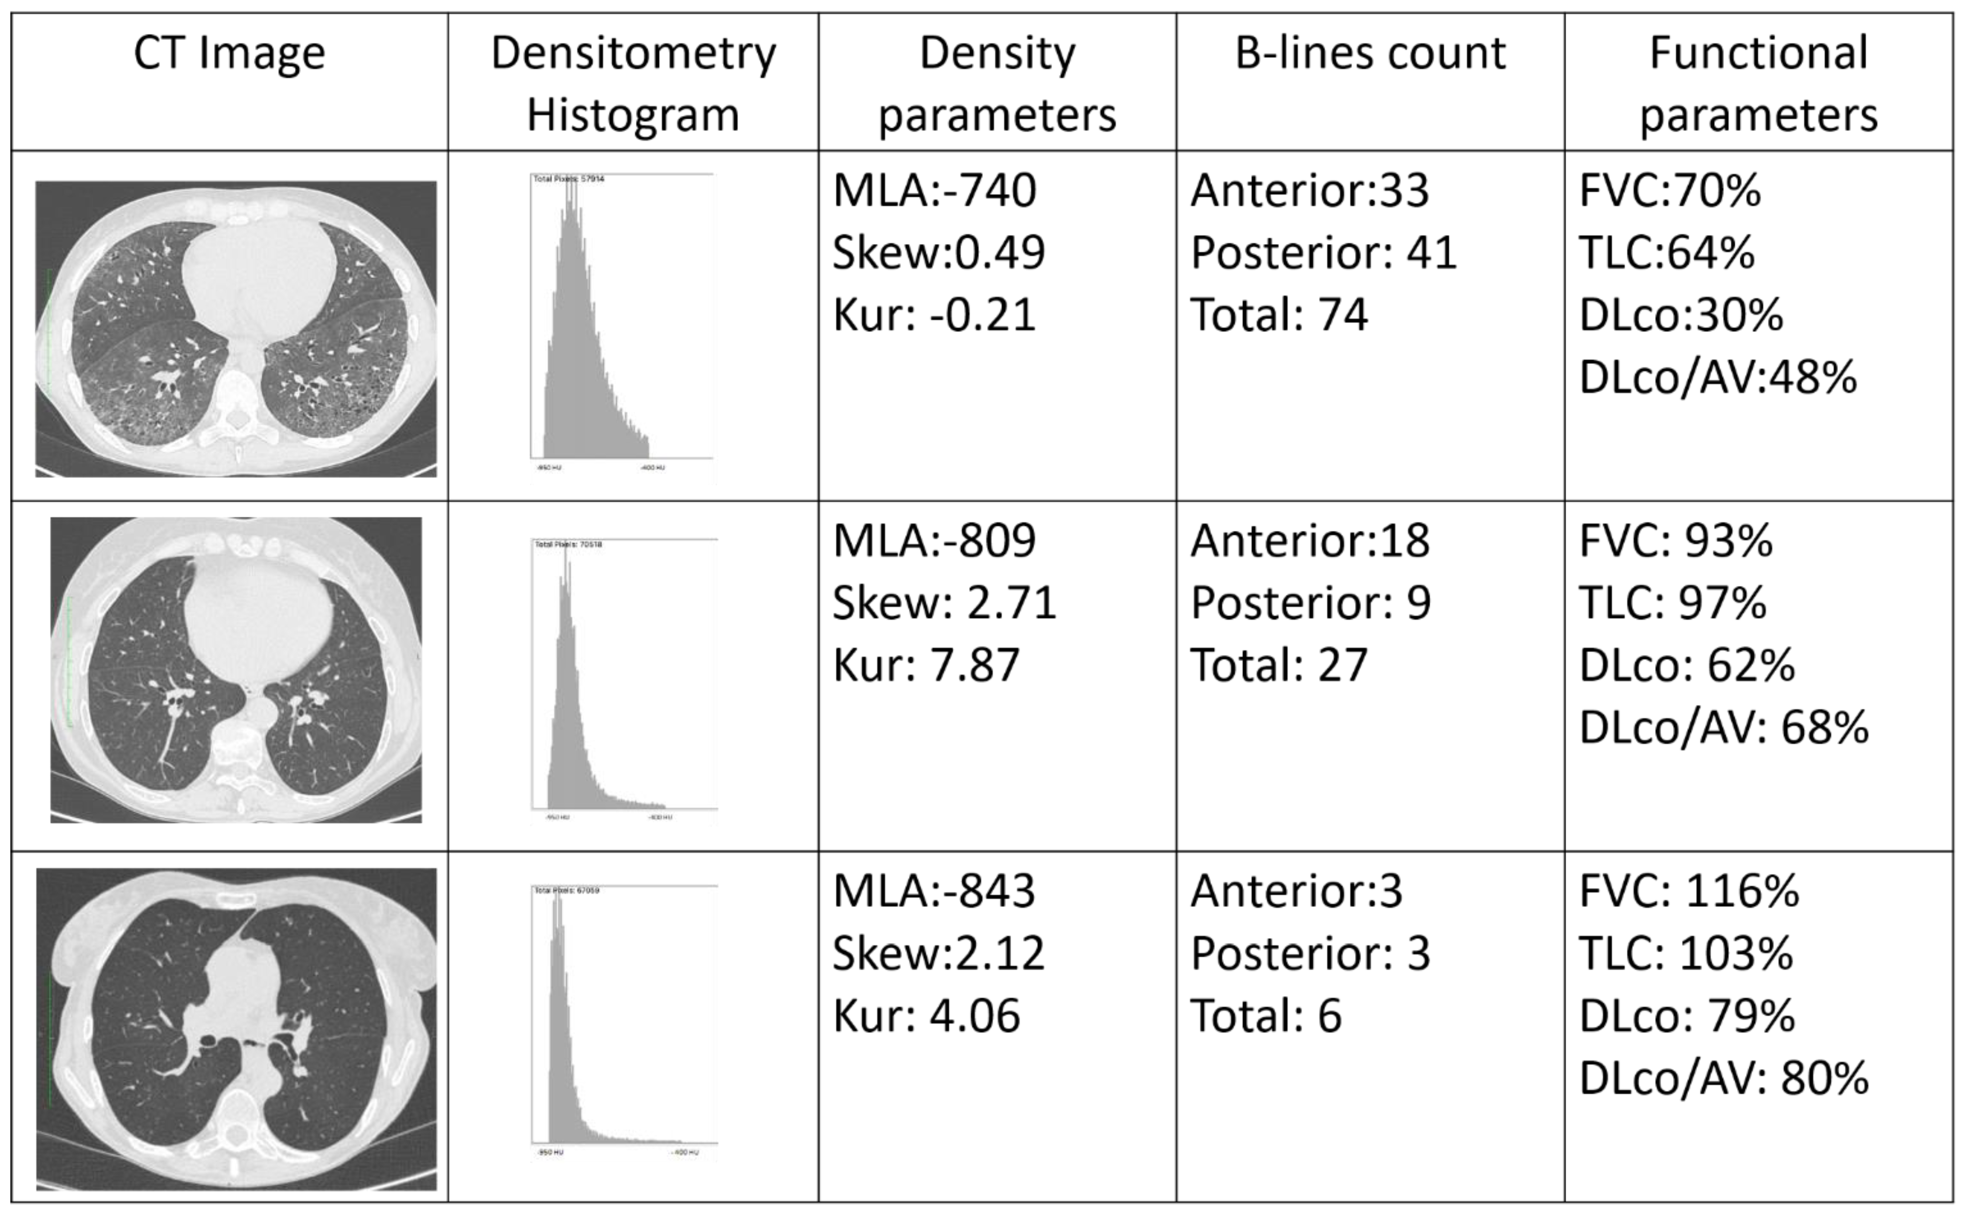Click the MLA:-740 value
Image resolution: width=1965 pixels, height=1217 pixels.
coord(934,191)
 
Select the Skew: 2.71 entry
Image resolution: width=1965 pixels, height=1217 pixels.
coord(943,603)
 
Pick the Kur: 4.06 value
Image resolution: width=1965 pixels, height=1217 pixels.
coord(926,1016)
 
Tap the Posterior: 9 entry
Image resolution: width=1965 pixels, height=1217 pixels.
coord(1310,603)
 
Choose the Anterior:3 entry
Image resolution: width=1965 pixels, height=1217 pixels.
coord(1296,891)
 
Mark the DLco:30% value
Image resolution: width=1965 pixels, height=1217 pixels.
coord(1681,315)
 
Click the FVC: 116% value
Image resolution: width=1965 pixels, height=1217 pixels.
coord(1689,891)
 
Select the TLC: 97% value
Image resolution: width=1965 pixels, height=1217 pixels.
coord(1673,603)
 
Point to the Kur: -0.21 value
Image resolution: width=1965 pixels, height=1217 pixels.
coord(934,315)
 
